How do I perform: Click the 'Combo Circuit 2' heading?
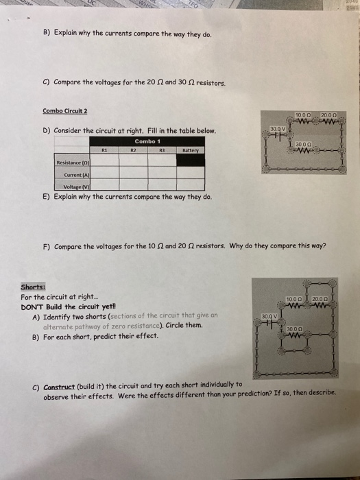click(x=65, y=111)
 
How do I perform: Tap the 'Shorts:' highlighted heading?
click(x=34, y=287)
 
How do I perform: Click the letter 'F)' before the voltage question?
click(x=46, y=246)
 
